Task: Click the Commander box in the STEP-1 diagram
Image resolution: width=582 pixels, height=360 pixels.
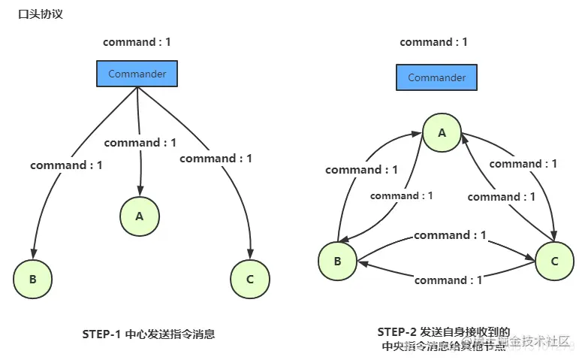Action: pos(137,74)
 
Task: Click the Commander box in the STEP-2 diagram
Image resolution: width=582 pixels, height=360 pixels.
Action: pos(436,77)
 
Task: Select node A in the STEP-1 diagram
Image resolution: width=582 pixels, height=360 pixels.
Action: pos(139,216)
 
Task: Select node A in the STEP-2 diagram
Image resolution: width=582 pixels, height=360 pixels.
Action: pos(442,133)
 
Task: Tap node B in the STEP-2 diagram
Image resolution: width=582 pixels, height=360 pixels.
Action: pos(337,262)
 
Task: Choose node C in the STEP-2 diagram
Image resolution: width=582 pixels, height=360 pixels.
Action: pos(554,262)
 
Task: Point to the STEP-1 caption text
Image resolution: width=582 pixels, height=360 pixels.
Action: pos(148,334)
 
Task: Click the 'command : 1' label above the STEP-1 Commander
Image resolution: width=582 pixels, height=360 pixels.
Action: pos(137,42)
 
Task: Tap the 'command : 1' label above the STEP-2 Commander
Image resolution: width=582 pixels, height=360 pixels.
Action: pos(433,42)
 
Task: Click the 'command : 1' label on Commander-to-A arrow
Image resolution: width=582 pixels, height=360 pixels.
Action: pos(140,143)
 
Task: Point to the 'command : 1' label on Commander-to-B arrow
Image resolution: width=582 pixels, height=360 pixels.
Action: pos(66,165)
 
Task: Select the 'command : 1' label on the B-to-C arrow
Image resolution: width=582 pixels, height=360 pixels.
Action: pos(450,235)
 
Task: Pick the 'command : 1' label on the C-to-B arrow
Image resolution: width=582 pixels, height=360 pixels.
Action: pos(448,280)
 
